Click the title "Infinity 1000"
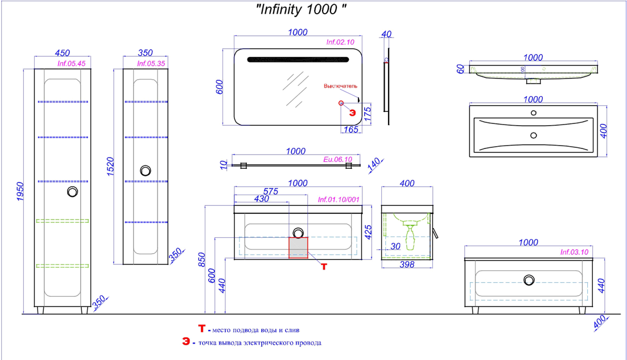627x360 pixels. click(301, 9)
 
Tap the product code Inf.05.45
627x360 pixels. click(71, 64)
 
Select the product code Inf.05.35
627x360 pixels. click(151, 64)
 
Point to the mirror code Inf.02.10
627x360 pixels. click(340, 42)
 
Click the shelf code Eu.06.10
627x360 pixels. click(338, 159)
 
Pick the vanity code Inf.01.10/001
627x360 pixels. click(339, 200)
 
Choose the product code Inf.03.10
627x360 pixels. click(574, 252)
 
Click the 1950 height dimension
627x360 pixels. click(20, 192)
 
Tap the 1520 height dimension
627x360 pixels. click(110, 167)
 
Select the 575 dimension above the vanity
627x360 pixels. click(271, 192)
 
